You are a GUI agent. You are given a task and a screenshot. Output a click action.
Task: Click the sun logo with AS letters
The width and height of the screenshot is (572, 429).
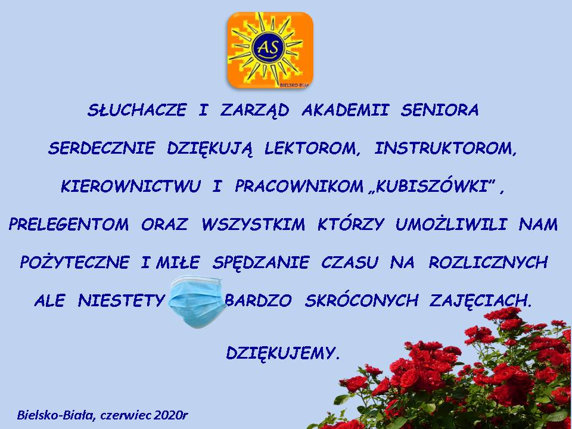[270, 50]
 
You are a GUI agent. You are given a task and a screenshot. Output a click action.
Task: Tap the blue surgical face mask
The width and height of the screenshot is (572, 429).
[197, 301]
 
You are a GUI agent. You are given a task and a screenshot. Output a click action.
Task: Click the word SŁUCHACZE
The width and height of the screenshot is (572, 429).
[137, 110]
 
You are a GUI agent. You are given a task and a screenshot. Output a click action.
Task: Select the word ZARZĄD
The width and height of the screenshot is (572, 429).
[254, 110]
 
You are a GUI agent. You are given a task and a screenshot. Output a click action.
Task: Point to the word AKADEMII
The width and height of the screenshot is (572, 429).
[345, 110]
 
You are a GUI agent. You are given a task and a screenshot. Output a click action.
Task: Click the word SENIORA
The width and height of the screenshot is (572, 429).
[440, 110]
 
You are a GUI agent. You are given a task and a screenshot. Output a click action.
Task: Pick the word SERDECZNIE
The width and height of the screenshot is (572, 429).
[101, 148]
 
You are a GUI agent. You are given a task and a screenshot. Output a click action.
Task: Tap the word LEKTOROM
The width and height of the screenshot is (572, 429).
[310, 148]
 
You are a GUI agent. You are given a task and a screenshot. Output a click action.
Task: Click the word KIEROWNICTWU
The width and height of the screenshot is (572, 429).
[130, 186]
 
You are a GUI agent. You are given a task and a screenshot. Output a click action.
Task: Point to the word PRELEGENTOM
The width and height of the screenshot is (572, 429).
[69, 225]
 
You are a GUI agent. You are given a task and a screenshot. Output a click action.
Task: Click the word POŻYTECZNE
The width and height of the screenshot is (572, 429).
[75, 262]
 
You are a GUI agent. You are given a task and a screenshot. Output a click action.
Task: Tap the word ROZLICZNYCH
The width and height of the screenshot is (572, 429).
[488, 262]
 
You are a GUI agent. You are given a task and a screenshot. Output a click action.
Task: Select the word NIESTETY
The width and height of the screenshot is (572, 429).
[122, 301]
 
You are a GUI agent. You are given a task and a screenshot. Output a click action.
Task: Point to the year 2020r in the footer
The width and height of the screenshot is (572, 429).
[170, 415]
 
